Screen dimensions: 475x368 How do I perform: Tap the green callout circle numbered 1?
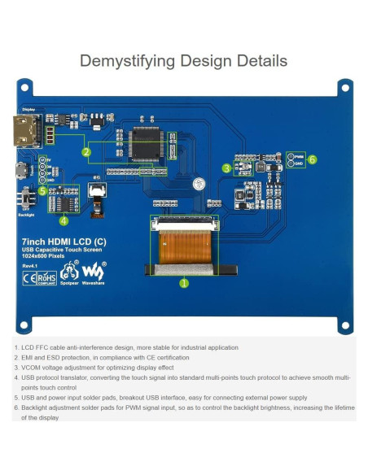click(183, 283)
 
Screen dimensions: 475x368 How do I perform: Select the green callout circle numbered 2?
click(86, 151)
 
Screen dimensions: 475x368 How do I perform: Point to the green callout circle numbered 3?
click(226, 168)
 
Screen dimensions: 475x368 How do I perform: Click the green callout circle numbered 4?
click(64, 220)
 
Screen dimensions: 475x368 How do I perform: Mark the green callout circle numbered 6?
click(311, 159)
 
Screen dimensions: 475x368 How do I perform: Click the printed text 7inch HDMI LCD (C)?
click(57, 242)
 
